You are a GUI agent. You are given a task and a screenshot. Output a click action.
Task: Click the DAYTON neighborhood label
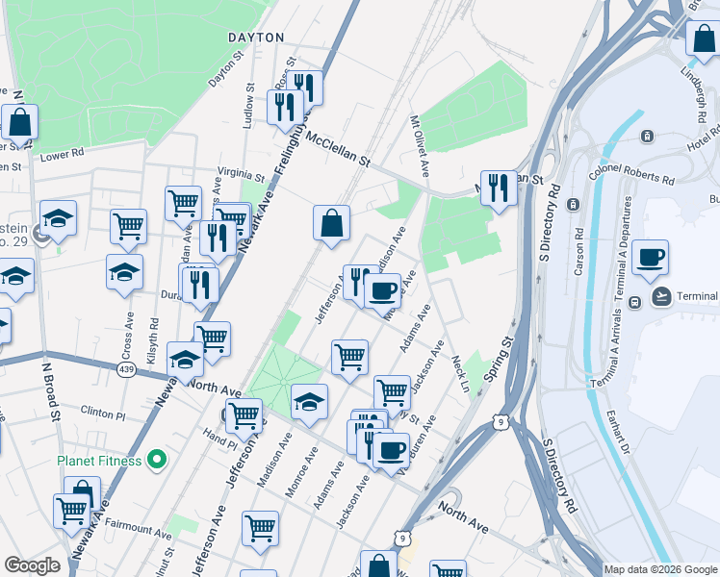coord(256,38)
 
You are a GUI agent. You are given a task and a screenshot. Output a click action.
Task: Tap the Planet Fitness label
coord(99,461)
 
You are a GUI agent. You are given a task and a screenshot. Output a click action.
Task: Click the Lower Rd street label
coord(63,153)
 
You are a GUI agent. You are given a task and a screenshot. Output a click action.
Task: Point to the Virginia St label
coord(241,177)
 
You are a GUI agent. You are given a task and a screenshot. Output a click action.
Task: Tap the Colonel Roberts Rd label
coord(631,174)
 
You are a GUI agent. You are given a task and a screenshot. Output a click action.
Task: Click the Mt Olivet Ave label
coord(420,147)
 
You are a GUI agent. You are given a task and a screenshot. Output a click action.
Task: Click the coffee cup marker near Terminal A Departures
coord(651,258)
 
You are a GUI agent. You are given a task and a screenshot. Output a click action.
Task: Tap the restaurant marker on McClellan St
coord(498,188)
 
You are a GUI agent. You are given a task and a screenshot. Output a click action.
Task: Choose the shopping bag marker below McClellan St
coord(331,223)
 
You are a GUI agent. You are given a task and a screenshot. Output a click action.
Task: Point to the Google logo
coord(32,565)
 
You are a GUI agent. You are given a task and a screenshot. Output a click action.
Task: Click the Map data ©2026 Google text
coord(661,569)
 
